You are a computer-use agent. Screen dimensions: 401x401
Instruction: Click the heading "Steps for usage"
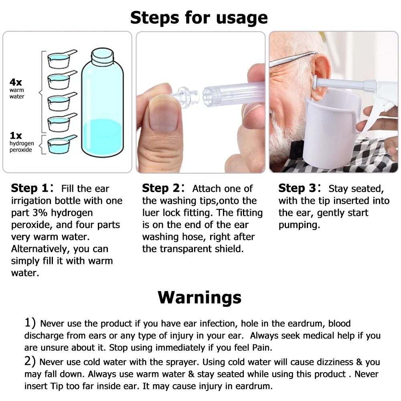pos(199,18)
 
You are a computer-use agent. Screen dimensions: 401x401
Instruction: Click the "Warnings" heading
pos(199,297)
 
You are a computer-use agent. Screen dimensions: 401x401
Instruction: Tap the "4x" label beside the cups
pos(16,82)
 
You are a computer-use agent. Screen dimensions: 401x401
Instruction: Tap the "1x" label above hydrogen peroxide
pos(16,136)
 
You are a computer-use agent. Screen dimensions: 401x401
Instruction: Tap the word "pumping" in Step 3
pos(299,225)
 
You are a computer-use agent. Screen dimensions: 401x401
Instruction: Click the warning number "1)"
pos(30,323)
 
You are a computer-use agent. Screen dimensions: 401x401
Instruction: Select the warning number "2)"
pos(30,362)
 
